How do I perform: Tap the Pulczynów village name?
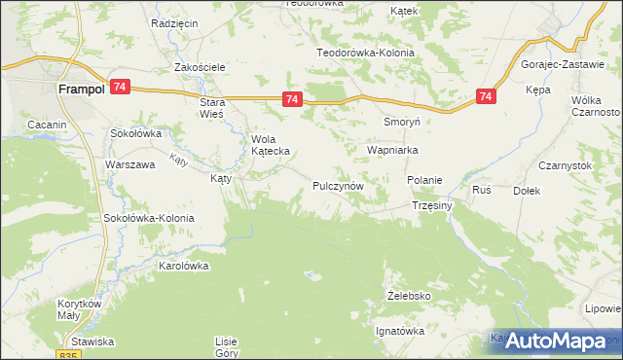click(x=338, y=185)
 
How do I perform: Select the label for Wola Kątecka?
click(x=267, y=146)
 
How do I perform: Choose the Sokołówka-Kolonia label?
click(x=149, y=218)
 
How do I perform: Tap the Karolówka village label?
click(x=185, y=265)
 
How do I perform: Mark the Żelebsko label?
click(x=409, y=295)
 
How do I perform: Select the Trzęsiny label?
click(x=432, y=206)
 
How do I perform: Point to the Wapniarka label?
click(x=392, y=151)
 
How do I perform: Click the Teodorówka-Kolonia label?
click(x=366, y=53)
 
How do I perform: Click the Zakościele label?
click(x=200, y=67)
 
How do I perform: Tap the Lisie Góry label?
click(x=227, y=347)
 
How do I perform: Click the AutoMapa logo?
click(x=555, y=341)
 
